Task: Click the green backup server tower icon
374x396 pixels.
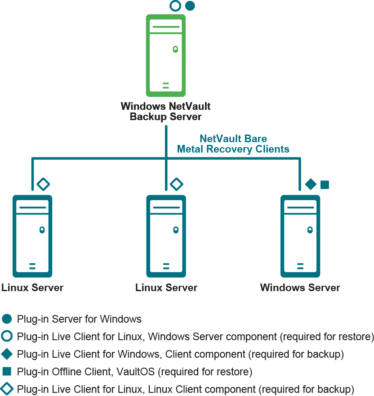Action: pyautogui.click(x=165, y=55)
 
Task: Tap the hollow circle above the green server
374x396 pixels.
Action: pyautogui.click(x=175, y=6)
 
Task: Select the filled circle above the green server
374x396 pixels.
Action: pyautogui.click(x=190, y=6)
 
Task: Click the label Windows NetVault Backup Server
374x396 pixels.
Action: pyautogui.click(x=165, y=112)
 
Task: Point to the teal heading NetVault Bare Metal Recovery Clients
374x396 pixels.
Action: pyautogui.click(x=233, y=144)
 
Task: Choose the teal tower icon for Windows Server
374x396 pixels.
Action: pyautogui.click(x=300, y=236)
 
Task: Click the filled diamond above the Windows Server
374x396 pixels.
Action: pyautogui.click(x=310, y=184)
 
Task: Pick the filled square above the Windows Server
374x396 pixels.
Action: pyautogui.click(x=325, y=184)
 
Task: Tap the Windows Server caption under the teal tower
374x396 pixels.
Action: pyautogui.click(x=300, y=288)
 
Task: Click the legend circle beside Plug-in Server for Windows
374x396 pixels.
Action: pyautogui.click(x=7, y=319)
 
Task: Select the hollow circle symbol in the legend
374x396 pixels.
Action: pyautogui.click(x=7, y=336)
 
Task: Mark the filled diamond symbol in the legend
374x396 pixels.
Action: pyautogui.click(x=7, y=354)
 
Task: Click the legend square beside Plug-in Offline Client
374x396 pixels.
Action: pyautogui.click(x=7, y=371)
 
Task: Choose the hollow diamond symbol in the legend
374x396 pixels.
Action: pyautogui.click(x=7, y=389)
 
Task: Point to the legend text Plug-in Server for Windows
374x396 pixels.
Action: pyautogui.click(x=79, y=319)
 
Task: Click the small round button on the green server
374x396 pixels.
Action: pyautogui.click(x=175, y=49)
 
